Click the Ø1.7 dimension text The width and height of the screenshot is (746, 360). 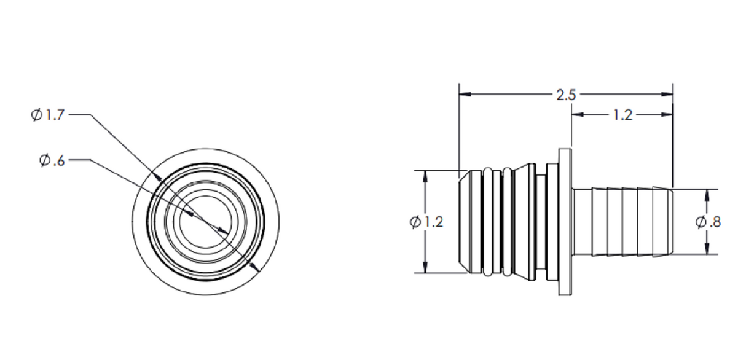[x=48, y=115]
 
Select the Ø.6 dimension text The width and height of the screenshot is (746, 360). [x=52, y=160]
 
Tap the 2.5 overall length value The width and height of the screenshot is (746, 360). [x=566, y=95]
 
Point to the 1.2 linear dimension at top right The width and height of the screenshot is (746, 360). [x=622, y=115]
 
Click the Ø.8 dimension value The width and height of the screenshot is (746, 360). [x=708, y=222]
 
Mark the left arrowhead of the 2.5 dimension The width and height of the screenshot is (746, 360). [x=465, y=95]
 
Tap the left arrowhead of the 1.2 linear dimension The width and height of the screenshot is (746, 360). [x=578, y=114]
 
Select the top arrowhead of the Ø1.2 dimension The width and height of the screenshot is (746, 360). [x=425, y=175]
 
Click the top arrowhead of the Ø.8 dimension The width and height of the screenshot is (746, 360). [x=707, y=194]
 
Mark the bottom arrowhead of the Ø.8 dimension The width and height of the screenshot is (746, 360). [x=707, y=249]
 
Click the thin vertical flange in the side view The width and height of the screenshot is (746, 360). [x=565, y=222]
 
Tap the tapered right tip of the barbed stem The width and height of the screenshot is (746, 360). [x=670, y=222]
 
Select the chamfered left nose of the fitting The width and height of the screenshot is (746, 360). [x=464, y=222]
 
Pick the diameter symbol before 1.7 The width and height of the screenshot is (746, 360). [x=37, y=115]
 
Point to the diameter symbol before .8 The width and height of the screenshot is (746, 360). [x=701, y=222]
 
